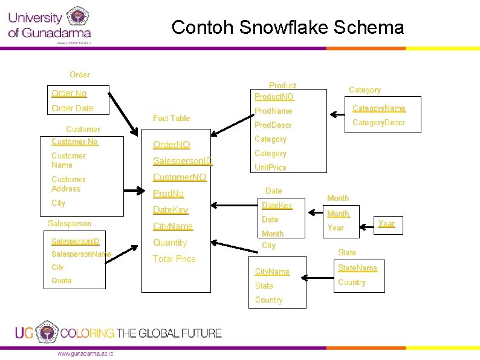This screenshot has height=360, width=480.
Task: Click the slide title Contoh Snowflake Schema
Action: point(287,27)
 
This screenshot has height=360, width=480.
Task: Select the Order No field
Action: point(69,93)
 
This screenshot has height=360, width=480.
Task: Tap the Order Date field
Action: point(73,108)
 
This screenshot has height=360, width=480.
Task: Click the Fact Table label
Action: point(171,118)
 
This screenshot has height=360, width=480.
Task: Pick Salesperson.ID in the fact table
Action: point(183,161)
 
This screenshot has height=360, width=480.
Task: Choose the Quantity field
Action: point(170,243)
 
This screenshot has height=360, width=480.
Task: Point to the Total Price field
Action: point(174,259)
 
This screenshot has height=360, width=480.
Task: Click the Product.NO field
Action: point(274,97)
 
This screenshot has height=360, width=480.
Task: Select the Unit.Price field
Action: point(270,168)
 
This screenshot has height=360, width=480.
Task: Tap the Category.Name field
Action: point(378,108)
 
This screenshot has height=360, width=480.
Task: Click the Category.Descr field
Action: point(378,123)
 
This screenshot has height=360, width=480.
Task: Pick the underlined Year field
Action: point(386,224)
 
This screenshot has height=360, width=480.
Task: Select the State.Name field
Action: point(357,268)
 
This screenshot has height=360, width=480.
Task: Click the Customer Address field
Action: point(68,184)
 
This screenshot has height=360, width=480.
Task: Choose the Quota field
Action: point(62,281)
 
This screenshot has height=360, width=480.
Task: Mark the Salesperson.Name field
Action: point(81,254)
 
